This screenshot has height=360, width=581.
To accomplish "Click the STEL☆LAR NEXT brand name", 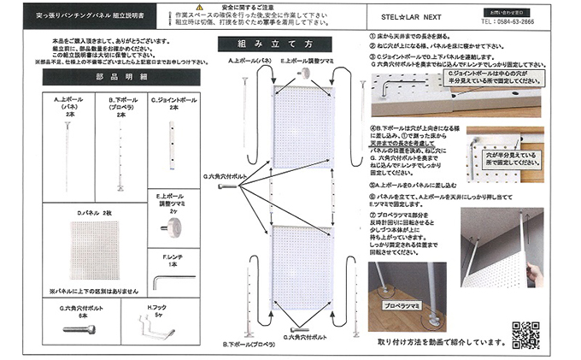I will [414, 15].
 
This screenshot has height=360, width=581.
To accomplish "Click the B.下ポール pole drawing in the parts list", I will [122, 154].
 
